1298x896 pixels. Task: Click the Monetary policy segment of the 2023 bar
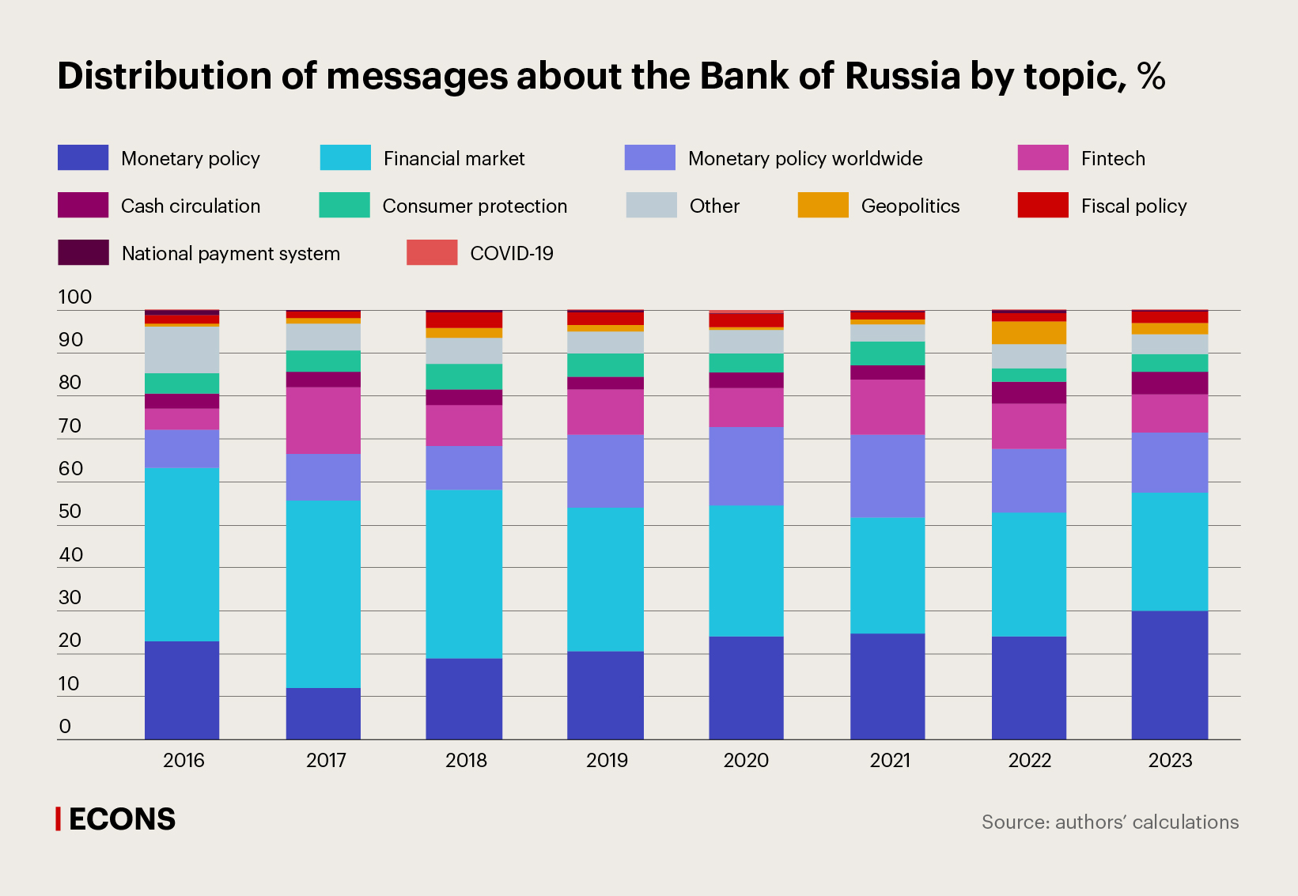(x=1169, y=675)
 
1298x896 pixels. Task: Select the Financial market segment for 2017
(x=323, y=594)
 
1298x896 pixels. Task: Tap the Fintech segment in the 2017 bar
(x=323, y=420)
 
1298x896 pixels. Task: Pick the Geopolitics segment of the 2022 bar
(x=1028, y=333)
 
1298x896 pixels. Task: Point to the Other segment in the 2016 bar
(x=182, y=350)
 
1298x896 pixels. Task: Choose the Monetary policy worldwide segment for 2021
(x=887, y=475)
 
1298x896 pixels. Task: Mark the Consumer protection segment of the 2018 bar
(x=464, y=376)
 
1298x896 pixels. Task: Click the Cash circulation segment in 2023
(x=1169, y=383)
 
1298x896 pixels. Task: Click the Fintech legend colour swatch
(x=1043, y=158)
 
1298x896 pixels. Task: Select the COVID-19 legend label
(x=511, y=253)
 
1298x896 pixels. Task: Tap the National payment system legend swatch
(x=83, y=253)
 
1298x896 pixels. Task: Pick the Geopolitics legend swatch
(x=823, y=206)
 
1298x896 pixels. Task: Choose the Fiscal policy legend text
(x=1133, y=206)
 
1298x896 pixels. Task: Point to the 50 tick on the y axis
(x=70, y=512)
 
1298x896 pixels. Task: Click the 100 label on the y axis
(x=75, y=297)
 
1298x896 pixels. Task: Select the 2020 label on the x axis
(x=746, y=760)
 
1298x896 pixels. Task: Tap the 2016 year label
(x=184, y=760)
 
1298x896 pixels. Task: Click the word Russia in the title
(x=903, y=76)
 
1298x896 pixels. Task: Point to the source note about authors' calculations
(x=1110, y=822)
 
